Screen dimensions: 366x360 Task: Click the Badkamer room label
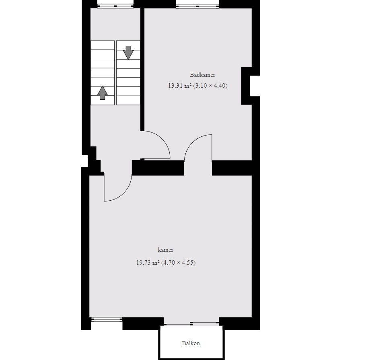point(202,75)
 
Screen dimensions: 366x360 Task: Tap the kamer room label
point(165,250)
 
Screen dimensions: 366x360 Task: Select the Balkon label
point(191,343)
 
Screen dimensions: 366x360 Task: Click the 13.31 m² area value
point(180,86)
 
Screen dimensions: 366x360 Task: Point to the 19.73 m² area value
point(148,263)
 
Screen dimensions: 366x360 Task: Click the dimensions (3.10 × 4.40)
point(210,86)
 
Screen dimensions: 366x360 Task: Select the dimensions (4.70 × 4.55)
point(178,263)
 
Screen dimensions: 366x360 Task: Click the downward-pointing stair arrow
point(128,53)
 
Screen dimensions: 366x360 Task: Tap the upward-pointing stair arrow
point(103,93)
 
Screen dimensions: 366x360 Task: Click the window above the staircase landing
point(115,6)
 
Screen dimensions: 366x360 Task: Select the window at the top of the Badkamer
point(197,6)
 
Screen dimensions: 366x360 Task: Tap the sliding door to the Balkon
point(191,323)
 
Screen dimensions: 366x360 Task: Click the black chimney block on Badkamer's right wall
point(246,86)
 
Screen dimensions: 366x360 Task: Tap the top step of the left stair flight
point(103,45)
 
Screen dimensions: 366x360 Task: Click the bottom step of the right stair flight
point(128,101)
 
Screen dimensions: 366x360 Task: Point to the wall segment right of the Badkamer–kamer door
point(232,168)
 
